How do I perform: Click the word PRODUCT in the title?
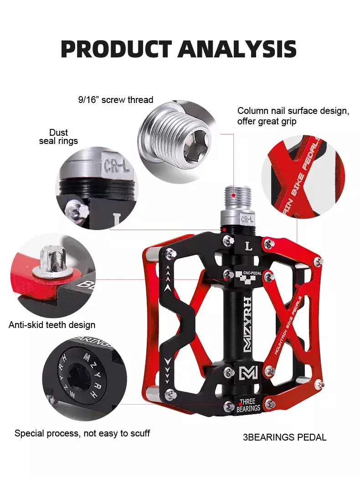tap(116, 49)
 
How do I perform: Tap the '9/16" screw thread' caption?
tap(116, 100)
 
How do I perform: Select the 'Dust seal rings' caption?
tap(58, 137)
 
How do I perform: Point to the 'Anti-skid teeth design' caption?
tap(52, 325)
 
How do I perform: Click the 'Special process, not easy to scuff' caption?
tap(82, 433)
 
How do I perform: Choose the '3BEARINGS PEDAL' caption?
tap(284, 437)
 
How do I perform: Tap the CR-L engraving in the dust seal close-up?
tap(116, 166)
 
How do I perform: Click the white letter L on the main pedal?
tap(249, 246)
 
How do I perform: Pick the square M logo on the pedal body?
tap(248, 373)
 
